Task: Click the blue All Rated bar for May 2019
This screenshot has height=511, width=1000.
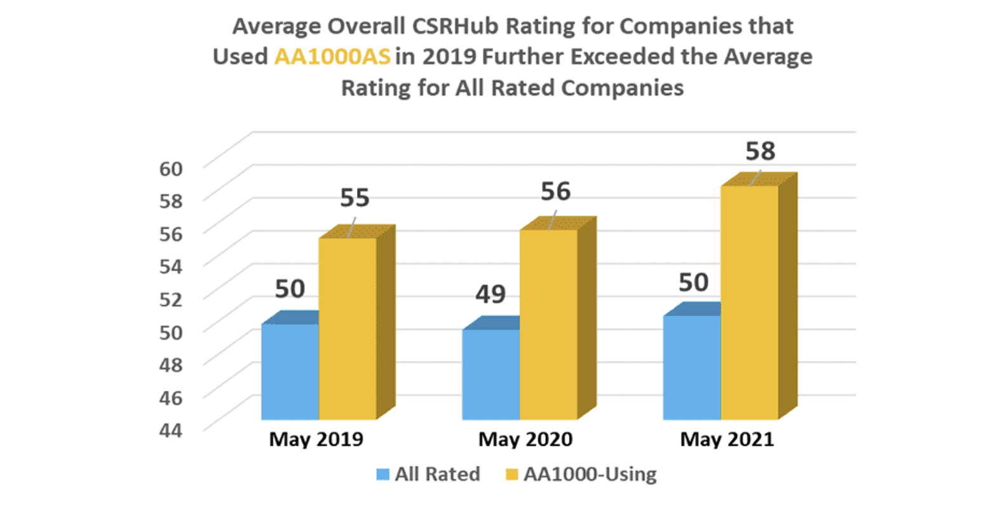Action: (x=290, y=371)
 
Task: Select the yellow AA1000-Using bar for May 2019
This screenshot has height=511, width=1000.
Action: (x=348, y=328)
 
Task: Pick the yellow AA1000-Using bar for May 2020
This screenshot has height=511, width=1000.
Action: (x=548, y=324)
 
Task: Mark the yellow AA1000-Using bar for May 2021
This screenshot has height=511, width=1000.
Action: (x=749, y=302)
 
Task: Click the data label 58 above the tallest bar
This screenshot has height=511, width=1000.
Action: (x=760, y=151)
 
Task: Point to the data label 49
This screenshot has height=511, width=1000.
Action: (x=490, y=294)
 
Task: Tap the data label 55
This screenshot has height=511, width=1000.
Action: (x=355, y=198)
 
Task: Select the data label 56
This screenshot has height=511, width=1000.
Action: (x=555, y=191)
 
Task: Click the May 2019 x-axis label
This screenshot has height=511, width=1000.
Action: (x=316, y=439)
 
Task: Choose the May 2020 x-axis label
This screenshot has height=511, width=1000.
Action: (x=525, y=439)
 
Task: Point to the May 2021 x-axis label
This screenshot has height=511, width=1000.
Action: (x=727, y=439)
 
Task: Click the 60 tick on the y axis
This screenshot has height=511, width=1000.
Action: (x=171, y=169)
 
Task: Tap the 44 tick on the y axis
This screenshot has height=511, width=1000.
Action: (x=171, y=430)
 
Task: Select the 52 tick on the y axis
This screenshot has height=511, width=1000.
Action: (x=171, y=299)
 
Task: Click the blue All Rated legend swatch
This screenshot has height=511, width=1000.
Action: (x=382, y=475)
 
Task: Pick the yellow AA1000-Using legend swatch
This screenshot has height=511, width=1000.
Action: (x=511, y=475)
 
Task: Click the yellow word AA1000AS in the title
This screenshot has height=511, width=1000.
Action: (x=332, y=57)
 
